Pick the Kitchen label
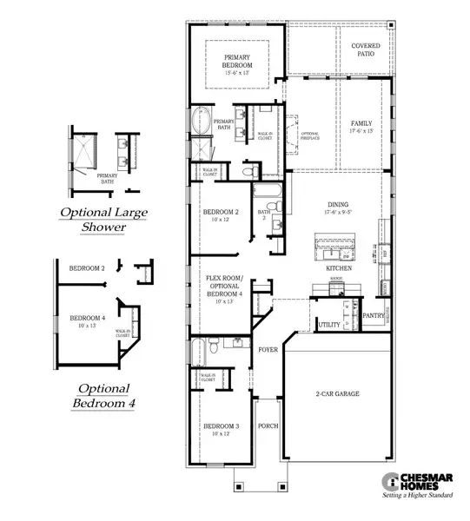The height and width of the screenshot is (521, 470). (x=338, y=269)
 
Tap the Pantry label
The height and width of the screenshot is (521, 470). (x=374, y=316)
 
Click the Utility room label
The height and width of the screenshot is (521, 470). (x=329, y=324)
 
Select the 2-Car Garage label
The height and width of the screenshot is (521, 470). (x=338, y=393)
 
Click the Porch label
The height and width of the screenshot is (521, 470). (x=268, y=426)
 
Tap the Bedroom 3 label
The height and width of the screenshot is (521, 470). (x=221, y=426)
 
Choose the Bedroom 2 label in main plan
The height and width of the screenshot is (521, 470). (x=221, y=212)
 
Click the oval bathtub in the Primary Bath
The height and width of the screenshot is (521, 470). (x=202, y=123)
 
